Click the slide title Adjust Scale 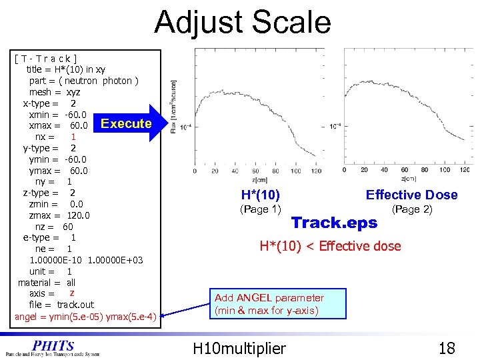click(x=242, y=22)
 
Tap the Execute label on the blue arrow click(x=126, y=123)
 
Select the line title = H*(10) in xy click(x=65, y=69)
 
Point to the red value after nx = click(x=73, y=137)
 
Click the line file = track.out click(x=61, y=305)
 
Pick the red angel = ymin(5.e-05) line click(x=85, y=316)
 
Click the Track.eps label click(x=334, y=223)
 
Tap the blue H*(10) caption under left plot click(x=260, y=195)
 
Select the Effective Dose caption click(x=411, y=195)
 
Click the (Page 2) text click(x=412, y=209)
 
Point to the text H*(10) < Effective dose click(x=330, y=246)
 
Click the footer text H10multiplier click(x=239, y=348)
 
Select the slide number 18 click(x=447, y=348)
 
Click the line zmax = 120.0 click(x=59, y=215)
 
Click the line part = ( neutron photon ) click(x=84, y=81)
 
